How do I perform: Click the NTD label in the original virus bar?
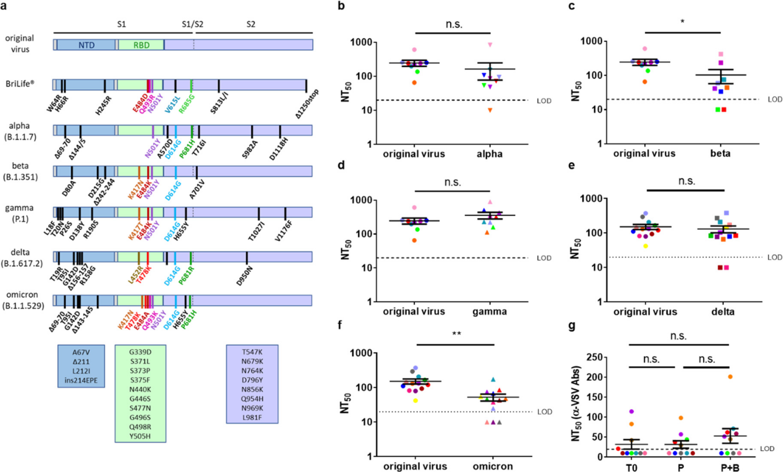pyautogui.click(x=86, y=45)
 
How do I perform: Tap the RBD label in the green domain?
pyautogui.click(x=141, y=45)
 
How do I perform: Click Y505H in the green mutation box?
pyautogui.click(x=140, y=436)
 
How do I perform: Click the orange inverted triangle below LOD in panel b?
pyautogui.click(x=490, y=110)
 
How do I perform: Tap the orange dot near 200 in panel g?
pyautogui.click(x=730, y=377)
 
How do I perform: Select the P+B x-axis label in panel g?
pyautogui.click(x=730, y=468)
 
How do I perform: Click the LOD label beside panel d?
pyautogui.click(x=544, y=258)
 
